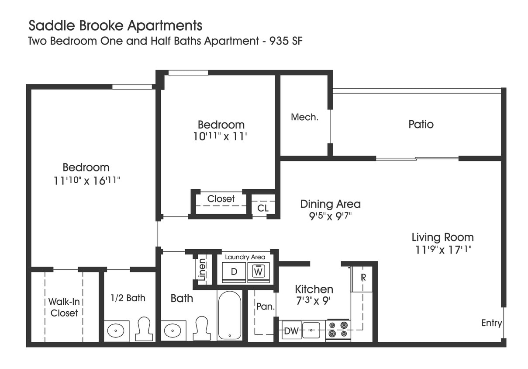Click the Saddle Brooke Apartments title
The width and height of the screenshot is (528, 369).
pos(115,25)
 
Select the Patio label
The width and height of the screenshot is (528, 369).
pos(421,124)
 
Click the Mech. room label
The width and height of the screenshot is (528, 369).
pos(304,117)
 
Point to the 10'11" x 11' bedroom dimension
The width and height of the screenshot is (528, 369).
pos(221,136)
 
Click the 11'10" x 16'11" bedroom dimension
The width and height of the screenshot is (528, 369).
pos(86,181)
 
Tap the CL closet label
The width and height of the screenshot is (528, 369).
pos(263,209)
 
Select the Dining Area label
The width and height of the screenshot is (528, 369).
pos(330,204)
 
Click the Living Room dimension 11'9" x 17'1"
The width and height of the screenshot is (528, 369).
pos(443,250)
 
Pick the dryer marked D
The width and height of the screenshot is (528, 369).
pos(234,272)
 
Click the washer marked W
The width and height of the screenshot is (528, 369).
pos(259,272)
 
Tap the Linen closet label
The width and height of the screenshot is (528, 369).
pos(201,269)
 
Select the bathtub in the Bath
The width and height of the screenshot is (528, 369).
pos(229,315)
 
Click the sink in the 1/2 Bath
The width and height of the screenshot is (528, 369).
pos(116,331)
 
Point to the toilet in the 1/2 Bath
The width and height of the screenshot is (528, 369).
pos(144,329)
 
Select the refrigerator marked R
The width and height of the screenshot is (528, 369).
pos(362,278)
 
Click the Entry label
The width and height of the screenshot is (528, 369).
pos(491,323)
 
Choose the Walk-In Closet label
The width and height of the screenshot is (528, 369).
pos(64,307)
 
